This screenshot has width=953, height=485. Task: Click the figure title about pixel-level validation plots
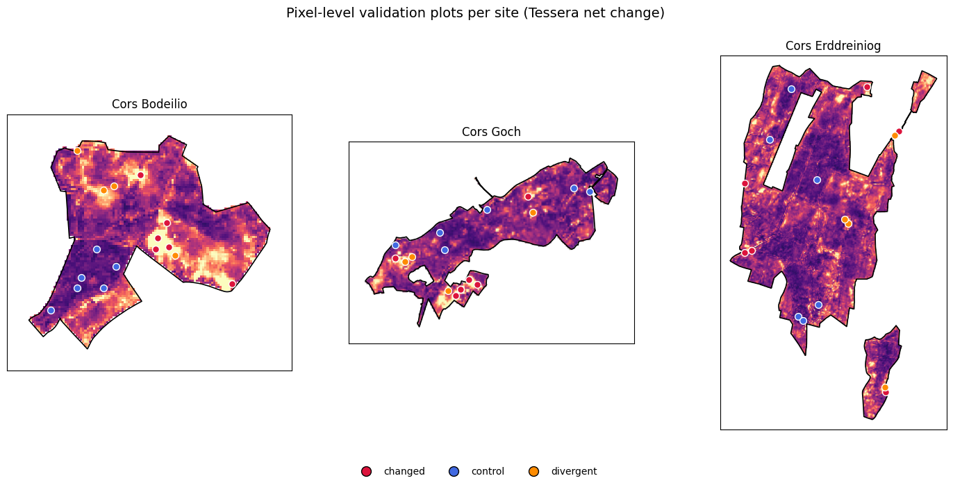(475, 12)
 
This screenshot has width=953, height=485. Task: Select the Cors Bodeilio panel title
(149, 104)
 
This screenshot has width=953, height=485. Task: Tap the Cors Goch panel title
(491, 132)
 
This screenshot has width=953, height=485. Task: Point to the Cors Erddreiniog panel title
(833, 46)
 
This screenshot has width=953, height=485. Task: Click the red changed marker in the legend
(366, 471)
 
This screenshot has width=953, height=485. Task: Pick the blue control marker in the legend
(454, 471)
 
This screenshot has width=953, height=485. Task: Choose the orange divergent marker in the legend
(533, 471)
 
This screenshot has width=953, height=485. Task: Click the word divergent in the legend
(574, 471)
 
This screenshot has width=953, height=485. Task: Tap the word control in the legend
(488, 471)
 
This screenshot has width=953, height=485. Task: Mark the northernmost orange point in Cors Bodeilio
(77, 151)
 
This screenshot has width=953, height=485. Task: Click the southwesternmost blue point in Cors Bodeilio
(51, 310)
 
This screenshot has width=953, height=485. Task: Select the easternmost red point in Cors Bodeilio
(232, 284)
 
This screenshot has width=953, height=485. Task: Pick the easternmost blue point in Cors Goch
(590, 192)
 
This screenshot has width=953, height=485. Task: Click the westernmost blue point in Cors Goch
(396, 245)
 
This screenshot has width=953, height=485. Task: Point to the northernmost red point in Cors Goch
(528, 196)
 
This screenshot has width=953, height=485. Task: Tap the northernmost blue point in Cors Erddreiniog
(791, 89)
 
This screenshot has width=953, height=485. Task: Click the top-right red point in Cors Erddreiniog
(867, 87)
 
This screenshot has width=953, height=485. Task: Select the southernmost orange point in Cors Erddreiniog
(885, 387)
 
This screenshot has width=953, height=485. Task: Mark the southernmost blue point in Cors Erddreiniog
(803, 321)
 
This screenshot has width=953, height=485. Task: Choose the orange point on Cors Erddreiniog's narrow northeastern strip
(895, 135)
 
